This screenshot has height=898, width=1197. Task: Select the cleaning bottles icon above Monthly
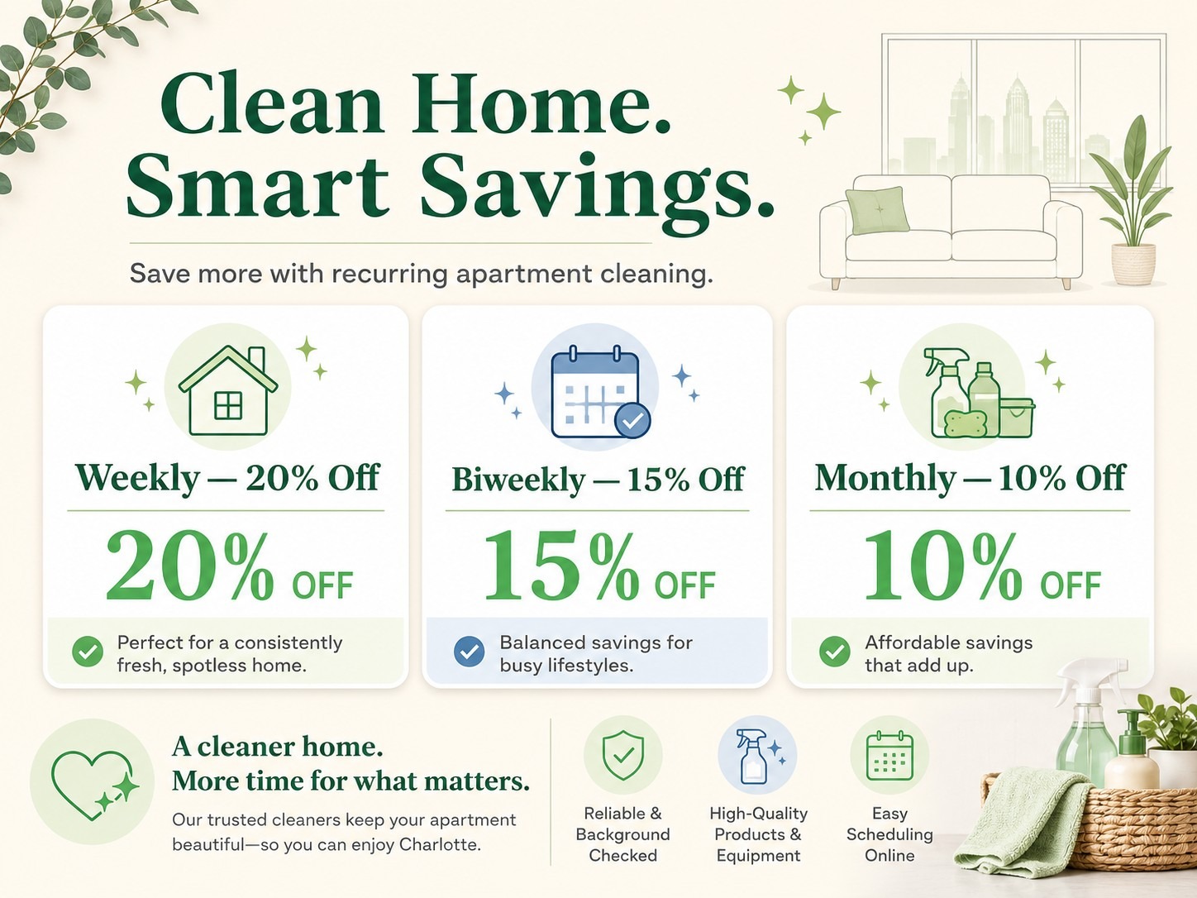[x=978, y=393]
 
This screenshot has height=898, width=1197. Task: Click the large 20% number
[x=190, y=567]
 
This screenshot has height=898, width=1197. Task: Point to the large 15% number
[x=561, y=567]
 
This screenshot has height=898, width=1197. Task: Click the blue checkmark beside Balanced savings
[x=469, y=652]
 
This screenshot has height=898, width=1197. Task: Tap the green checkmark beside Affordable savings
[x=834, y=652]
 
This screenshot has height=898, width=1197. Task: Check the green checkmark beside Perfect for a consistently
[x=88, y=652]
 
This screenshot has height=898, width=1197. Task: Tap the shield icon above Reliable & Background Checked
[x=622, y=755]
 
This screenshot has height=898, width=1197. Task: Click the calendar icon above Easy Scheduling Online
[x=889, y=756]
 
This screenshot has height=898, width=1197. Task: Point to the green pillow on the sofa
[x=877, y=210]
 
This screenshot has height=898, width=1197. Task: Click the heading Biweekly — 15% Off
[x=598, y=480]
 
